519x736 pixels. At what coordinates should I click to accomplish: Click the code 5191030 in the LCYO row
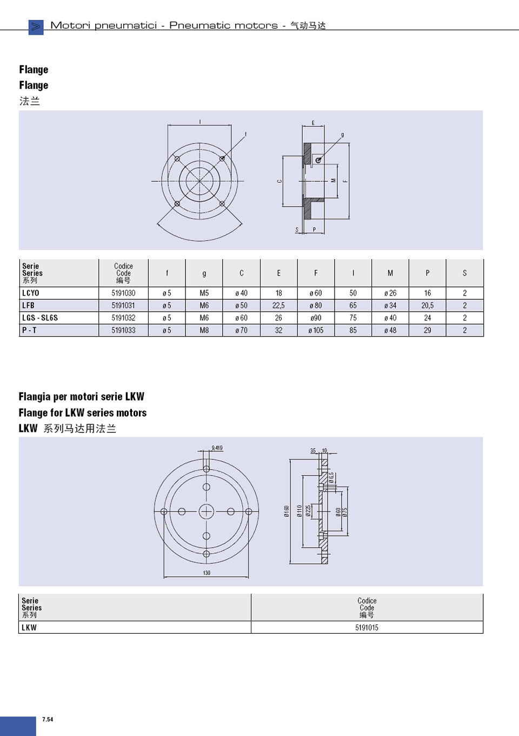click(123, 293)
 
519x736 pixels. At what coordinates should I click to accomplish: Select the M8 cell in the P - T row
click(204, 330)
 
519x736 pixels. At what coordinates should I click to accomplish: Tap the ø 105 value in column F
click(316, 330)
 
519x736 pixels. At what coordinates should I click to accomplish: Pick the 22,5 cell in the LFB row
click(278, 306)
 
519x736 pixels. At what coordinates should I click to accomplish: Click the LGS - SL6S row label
click(40, 318)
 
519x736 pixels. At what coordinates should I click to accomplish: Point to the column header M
click(390, 273)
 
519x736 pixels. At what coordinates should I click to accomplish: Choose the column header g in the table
click(204, 273)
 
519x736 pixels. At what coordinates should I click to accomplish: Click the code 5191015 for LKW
click(367, 628)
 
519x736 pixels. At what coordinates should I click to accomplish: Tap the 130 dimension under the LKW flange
click(207, 573)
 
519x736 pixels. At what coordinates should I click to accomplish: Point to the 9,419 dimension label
click(217, 448)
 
